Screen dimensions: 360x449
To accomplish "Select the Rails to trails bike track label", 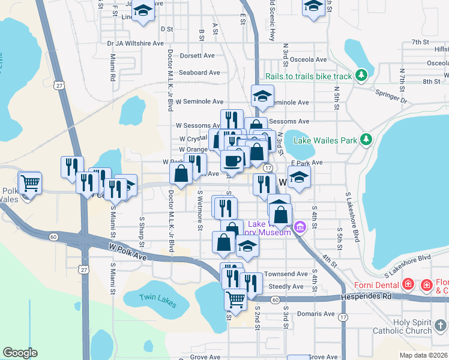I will coord(309,76).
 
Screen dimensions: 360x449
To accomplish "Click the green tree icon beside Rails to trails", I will coord(361,75).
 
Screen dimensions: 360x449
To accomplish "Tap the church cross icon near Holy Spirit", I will coord(442,326).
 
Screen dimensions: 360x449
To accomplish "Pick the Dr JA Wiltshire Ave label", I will coord(135,43).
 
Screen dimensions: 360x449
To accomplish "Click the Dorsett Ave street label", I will coord(197,56).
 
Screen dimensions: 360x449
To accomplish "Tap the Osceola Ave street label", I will coord(308,60).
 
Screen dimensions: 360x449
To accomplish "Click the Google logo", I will coord(20,353).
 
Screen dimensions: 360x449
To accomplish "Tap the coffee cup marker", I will coord(232,160).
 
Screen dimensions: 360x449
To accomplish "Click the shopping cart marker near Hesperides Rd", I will coord(236,299).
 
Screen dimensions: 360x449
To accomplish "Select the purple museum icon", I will coord(300,227).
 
